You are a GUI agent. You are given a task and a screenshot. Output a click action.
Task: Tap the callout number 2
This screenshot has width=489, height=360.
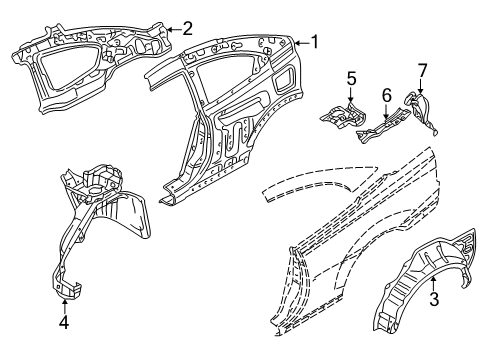187,30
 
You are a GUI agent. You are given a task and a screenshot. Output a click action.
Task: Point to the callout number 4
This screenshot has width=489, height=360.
64,322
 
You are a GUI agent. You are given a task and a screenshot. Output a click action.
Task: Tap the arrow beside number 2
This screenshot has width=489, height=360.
174,30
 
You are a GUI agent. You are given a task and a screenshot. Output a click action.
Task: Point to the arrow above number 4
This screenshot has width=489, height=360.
64,305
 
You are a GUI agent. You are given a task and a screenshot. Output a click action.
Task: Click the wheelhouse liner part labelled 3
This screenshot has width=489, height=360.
420,290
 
